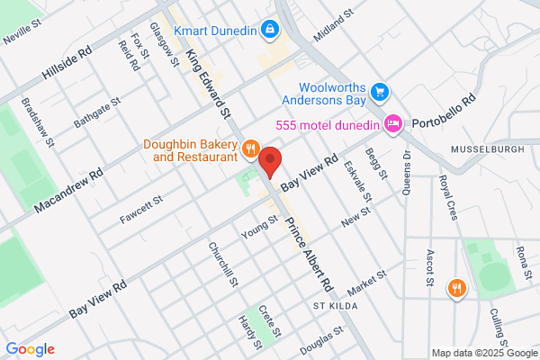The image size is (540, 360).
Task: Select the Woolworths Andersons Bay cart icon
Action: (x=381, y=92)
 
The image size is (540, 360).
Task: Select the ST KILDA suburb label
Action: (x=335, y=307)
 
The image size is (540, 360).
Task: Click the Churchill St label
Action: (x=222, y=263)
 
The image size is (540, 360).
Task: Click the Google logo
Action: (x=30, y=349)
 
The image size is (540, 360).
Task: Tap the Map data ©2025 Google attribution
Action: (x=481, y=353)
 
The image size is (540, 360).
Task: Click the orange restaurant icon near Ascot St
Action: (x=457, y=288)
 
